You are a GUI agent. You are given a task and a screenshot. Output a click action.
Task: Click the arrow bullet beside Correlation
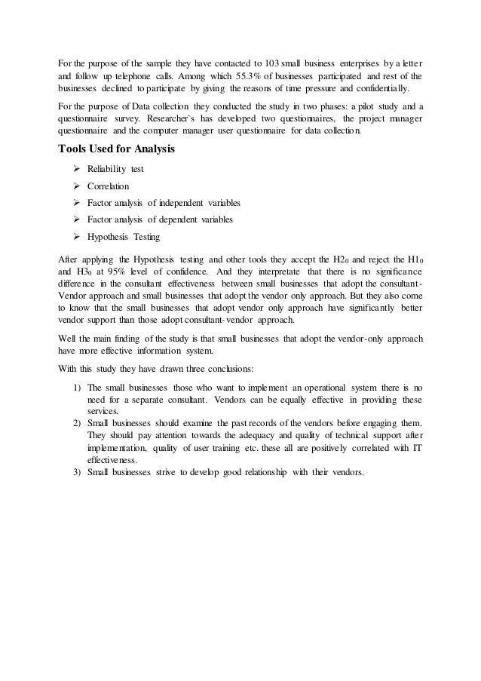76,186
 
